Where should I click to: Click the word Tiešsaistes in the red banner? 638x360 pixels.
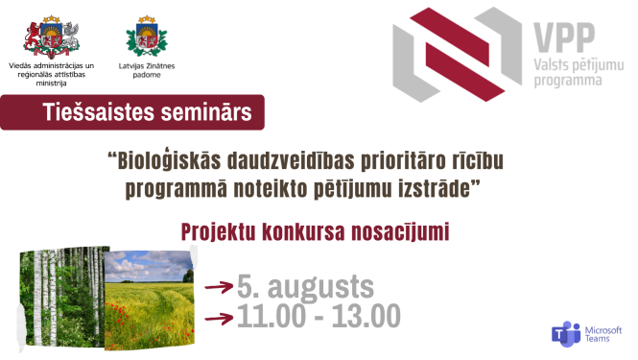pos(91,113)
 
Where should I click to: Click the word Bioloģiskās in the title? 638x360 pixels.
pos(172,161)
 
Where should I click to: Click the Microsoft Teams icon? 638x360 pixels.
pos(566,334)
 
